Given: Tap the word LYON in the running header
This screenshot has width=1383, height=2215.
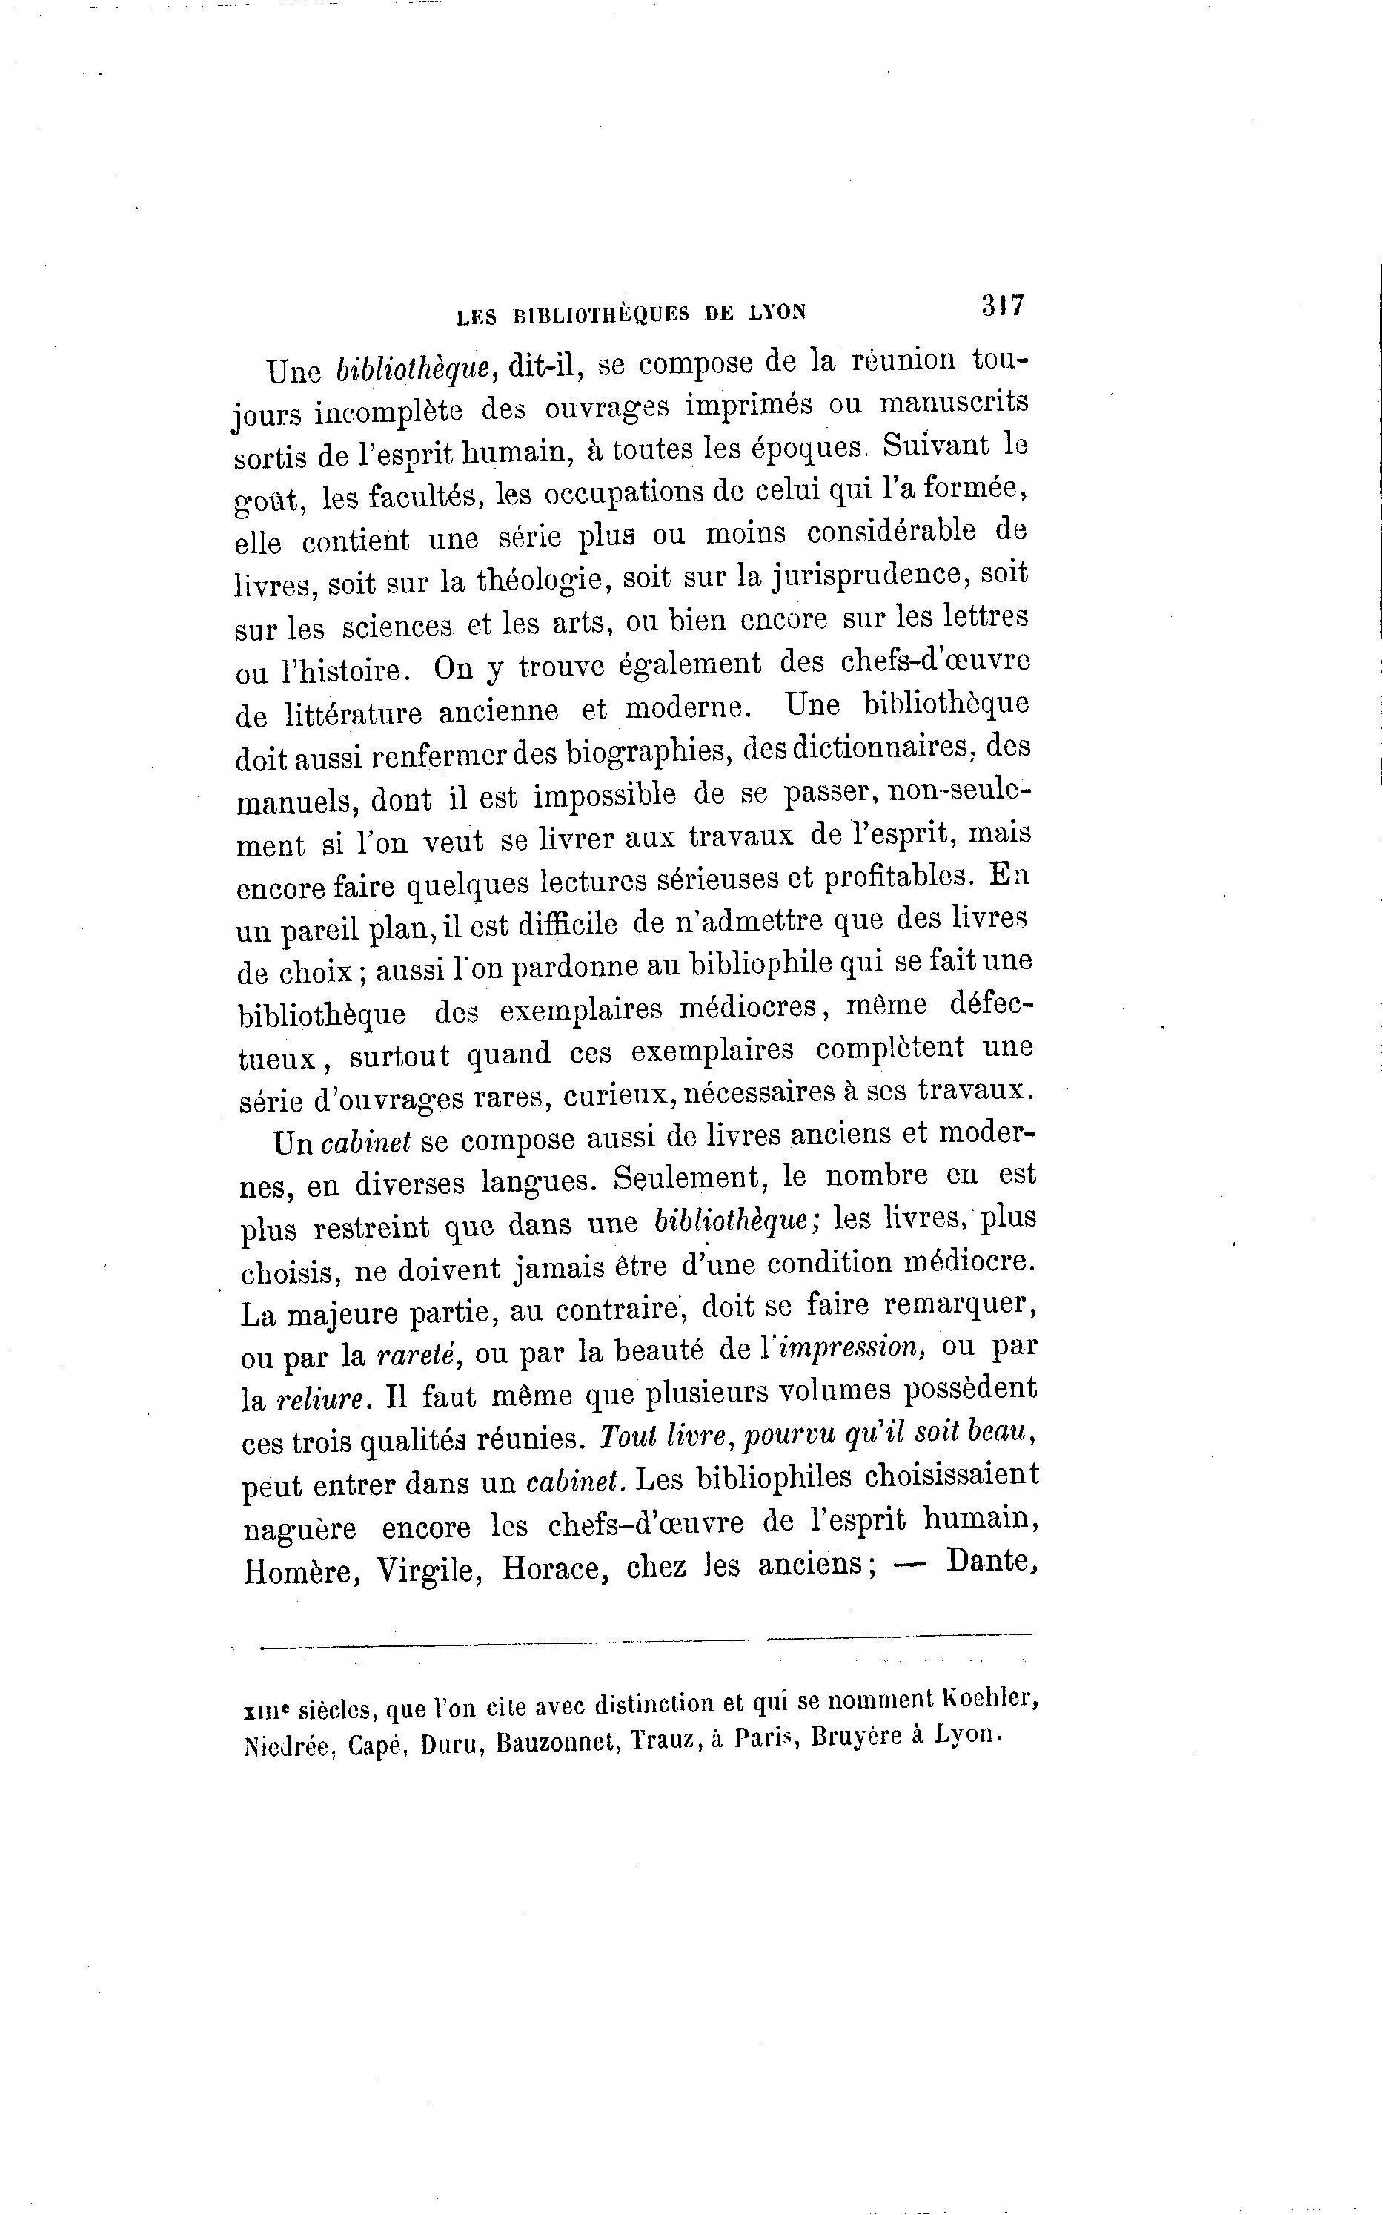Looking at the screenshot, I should click(x=777, y=313).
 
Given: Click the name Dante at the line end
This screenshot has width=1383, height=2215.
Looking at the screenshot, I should click(x=992, y=1562).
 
